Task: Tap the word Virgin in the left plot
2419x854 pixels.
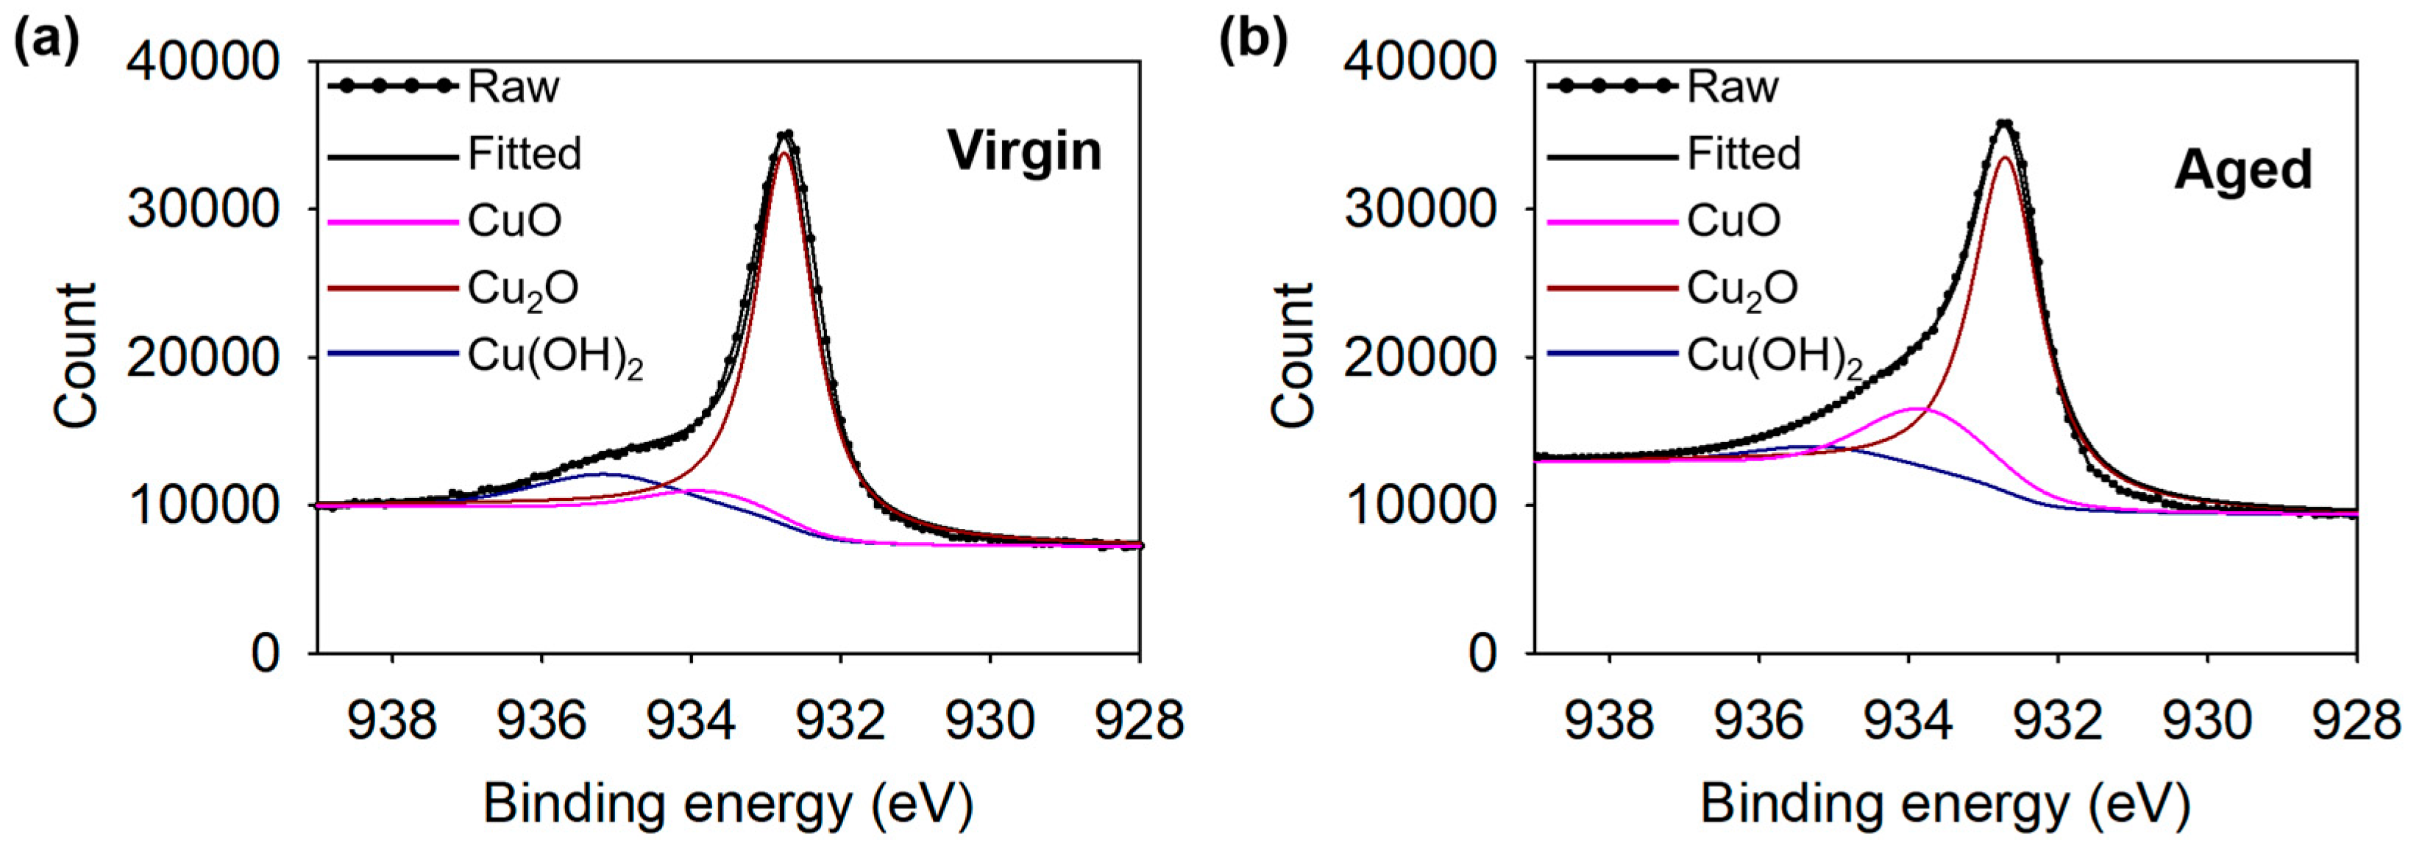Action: coord(1023,151)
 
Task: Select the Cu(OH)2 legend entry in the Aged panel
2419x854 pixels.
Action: coord(1773,357)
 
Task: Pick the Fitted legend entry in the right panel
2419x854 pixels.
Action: coord(1744,154)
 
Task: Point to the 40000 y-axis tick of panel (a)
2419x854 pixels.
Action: coord(204,62)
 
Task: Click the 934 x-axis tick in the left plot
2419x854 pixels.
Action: coord(690,721)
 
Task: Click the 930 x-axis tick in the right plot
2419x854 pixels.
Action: coord(2207,721)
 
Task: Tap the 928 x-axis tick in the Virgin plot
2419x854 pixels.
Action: coord(1138,721)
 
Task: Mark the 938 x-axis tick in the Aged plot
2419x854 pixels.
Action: coord(1610,721)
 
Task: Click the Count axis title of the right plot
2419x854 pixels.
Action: coord(1293,357)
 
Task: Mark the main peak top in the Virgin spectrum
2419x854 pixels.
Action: coord(787,134)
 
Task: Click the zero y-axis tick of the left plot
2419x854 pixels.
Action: coord(266,652)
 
